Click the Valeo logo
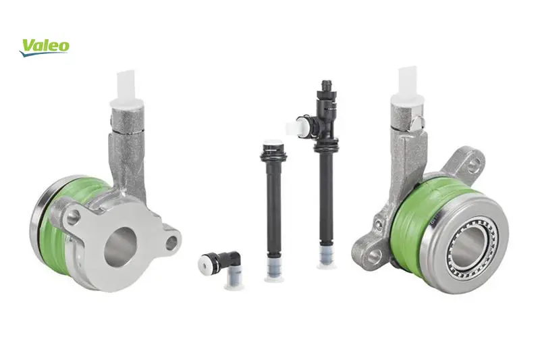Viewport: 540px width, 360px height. [44, 47]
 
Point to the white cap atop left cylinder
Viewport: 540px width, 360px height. [126, 90]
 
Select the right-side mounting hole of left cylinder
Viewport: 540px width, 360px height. [171, 243]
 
